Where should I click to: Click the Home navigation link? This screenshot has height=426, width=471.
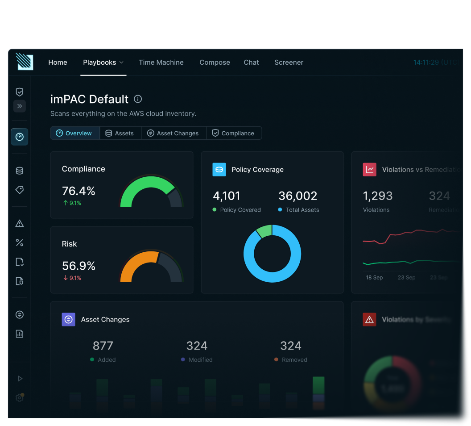click(x=58, y=63)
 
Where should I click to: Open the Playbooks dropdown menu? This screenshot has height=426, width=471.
click(x=103, y=63)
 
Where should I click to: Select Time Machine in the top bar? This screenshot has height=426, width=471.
click(x=161, y=63)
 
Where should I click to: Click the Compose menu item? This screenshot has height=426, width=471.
click(x=215, y=63)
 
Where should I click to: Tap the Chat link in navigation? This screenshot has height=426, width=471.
click(x=251, y=63)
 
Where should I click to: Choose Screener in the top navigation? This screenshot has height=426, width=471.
click(x=289, y=63)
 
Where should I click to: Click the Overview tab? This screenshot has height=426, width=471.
click(x=74, y=133)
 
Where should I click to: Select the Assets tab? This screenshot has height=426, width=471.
click(x=120, y=133)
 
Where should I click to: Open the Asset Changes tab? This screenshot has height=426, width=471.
click(x=174, y=133)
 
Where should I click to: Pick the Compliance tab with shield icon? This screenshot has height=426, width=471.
click(x=233, y=133)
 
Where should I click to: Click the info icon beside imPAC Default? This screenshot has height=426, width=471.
click(x=138, y=99)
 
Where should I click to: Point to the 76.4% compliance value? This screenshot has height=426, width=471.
click(x=78, y=191)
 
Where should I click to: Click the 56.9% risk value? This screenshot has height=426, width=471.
click(x=78, y=266)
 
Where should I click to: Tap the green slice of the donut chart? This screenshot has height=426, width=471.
click(x=264, y=231)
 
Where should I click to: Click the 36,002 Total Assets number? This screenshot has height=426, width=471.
click(x=297, y=196)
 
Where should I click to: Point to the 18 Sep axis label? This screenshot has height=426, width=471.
click(x=374, y=277)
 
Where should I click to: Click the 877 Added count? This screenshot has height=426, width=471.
click(x=103, y=346)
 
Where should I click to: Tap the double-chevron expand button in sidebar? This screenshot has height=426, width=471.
click(x=20, y=106)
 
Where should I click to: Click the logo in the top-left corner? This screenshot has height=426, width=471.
click(x=25, y=62)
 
